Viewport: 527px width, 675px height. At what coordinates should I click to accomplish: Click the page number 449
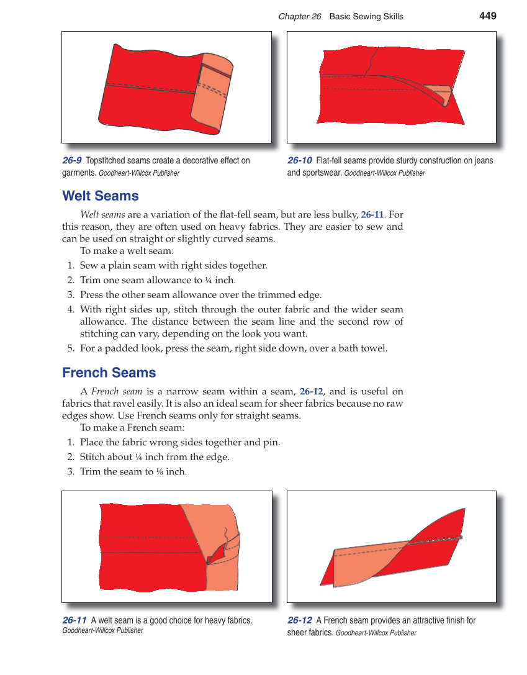(487, 16)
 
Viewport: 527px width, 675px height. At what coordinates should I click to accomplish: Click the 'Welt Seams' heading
(101, 196)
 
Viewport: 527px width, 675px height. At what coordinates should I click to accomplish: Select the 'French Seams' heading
(109, 373)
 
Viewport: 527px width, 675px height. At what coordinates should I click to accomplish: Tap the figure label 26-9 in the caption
(72, 161)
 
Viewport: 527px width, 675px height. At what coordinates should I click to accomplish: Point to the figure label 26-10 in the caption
(300, 161)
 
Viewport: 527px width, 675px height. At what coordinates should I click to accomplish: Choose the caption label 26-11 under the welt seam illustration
(74, 620)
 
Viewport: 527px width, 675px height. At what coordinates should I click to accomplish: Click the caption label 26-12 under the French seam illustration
(300, 620)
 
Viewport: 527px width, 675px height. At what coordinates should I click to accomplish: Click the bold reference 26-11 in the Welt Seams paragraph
(372, 215)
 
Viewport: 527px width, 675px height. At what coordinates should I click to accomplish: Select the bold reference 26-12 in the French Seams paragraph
(311, 392)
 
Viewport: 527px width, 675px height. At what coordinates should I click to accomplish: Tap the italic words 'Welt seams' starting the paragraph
(102, 215)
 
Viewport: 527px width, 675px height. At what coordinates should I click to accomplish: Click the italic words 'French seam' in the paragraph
(117, 392)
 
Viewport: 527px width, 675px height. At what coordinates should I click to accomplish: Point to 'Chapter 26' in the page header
(300, 17)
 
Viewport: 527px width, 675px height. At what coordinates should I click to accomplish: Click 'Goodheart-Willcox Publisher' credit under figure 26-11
(103, 631)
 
